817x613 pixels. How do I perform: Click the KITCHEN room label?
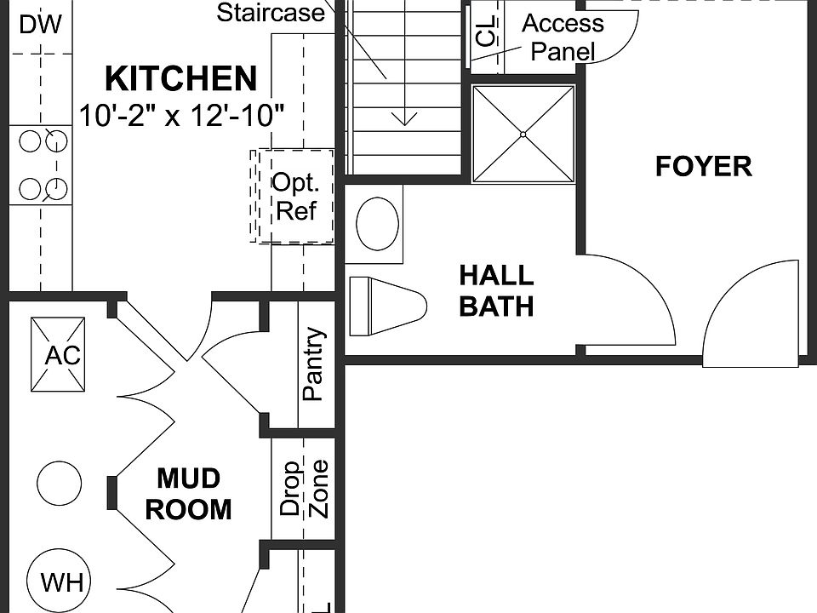(x=180, y=79)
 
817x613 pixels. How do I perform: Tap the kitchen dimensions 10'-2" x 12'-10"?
(x=181, y=115)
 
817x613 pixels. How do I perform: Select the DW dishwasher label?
(x=40, y=25)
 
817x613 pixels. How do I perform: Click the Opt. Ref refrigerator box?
(x=294, y=197)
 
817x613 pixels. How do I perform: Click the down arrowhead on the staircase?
(x=404, y=117)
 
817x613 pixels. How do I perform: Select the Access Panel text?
(x=562, y=37)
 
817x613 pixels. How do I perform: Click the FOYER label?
(x=703, y=166)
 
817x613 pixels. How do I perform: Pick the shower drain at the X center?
(x=523, y=134)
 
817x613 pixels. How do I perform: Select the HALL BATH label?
(x=496, y=290)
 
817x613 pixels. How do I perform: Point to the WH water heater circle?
(x=63, y=582)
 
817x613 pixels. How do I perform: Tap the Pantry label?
(x=313, y=364)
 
